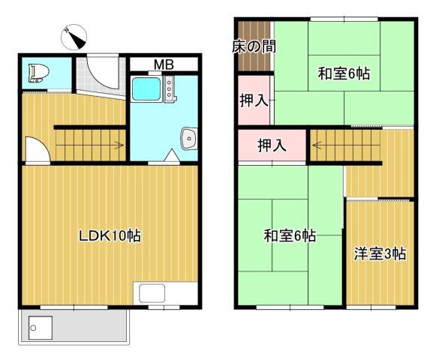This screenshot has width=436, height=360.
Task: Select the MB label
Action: (x=164, y=64)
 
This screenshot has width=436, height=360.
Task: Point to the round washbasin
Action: (x=188, y=138)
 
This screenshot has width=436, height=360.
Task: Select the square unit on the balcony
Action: (x=38, y=325)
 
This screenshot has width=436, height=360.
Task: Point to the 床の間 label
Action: (x=253, y=46)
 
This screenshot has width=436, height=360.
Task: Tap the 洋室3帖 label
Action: (x=380, y=253)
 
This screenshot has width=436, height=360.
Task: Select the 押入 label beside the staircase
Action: (x=271, y=145)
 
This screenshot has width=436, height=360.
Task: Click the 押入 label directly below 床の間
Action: (x=253, y=100)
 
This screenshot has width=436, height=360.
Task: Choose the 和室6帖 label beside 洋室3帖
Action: (x=289, y=236)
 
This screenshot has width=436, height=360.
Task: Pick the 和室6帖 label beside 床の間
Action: (x=343, y=73)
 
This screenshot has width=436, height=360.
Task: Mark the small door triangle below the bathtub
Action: (x=172, y=156)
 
